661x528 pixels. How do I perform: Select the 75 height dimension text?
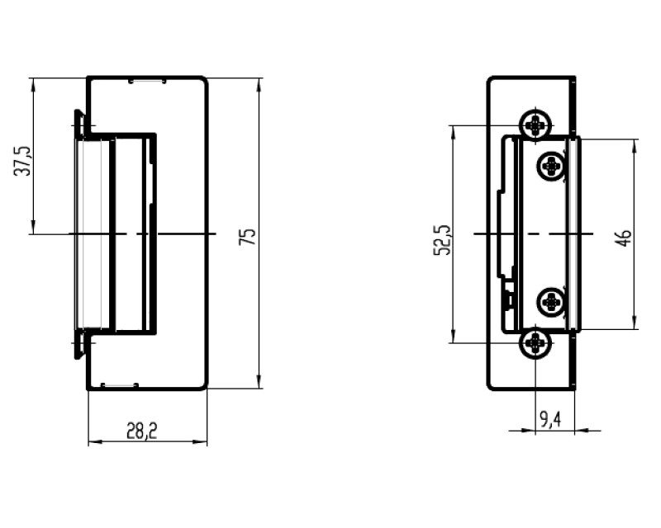(x=247, y=237)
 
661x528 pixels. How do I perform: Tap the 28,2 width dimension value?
(x=141, y=431)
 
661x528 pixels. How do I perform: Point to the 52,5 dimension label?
(x=443, y=240)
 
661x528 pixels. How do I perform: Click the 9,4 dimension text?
(x=550, y=419)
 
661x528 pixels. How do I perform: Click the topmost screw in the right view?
(x=535, y=125)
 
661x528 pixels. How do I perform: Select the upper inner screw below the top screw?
(x=551, y=166)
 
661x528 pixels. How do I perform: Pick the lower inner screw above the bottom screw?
(x=551, y=301)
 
